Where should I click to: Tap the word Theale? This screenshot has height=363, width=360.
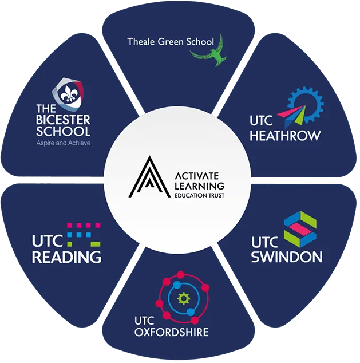tap(141, 42)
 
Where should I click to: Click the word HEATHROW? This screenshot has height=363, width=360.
tap(285, 136)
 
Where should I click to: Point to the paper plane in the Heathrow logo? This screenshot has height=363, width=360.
tap(292, 116)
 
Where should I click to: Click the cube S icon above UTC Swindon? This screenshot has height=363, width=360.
tap(300, 229)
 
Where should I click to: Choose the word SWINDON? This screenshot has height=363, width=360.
tap(287, 257)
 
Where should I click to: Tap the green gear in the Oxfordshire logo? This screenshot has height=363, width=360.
tap(184, 299)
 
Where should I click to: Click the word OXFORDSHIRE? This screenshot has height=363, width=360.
tap(172, 332)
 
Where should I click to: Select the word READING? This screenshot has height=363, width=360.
tap(66, 257)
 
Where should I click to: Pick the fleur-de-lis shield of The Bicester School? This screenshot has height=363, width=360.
tap(68, 94)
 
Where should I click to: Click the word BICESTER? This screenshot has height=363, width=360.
tap(63, 120)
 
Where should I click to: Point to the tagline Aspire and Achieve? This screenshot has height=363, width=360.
tap(63, 143)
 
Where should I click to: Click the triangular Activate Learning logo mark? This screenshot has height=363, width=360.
tap(149, 177)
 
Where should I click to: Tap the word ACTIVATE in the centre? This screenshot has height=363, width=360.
tap(197, 176)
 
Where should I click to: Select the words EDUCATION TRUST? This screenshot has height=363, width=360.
tap(199, 195)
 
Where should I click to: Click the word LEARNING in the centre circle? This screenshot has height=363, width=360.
tap(199, 186)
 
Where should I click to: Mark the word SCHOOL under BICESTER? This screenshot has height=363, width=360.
tap(63, 132)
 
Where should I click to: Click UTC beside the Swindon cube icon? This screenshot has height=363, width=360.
tap(264, 242)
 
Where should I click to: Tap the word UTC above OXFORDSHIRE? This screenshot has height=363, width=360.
tap(144, 321)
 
